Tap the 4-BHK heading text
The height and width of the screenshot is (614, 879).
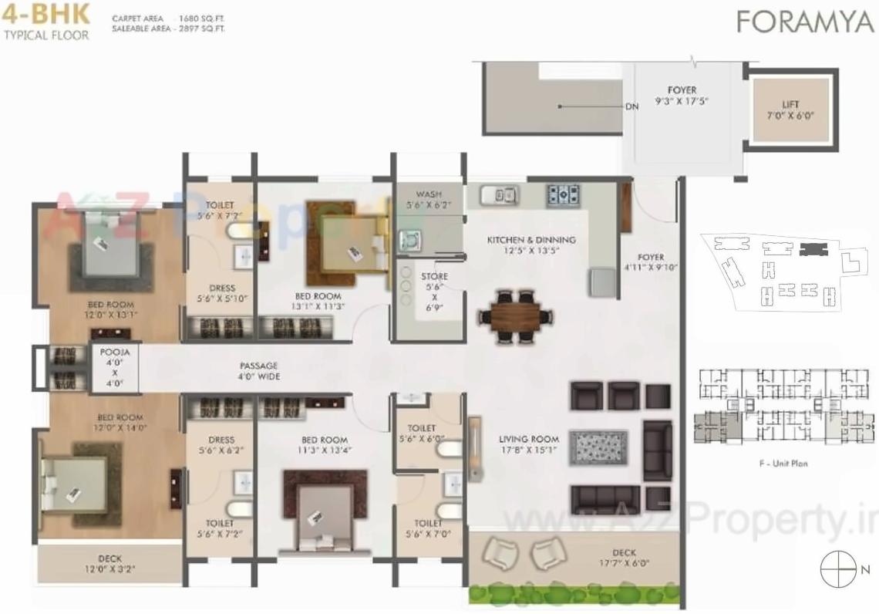point(46,15)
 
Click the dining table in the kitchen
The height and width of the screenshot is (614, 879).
point(515,315)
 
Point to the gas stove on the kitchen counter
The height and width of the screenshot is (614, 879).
point(564,194)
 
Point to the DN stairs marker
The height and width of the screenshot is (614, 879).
point(631,106)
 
